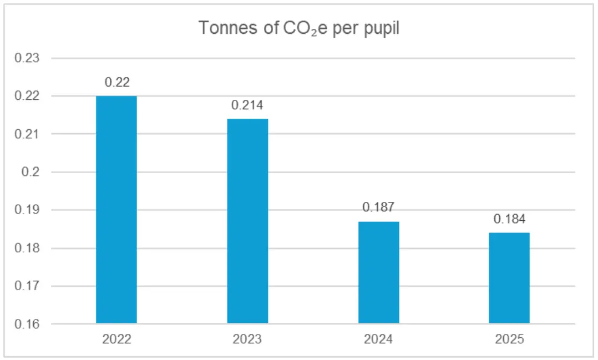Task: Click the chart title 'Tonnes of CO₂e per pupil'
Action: pos(299,28)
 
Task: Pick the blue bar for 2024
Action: pos(379,272)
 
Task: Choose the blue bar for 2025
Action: pos(509,278)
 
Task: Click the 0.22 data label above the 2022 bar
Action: pos(117,83)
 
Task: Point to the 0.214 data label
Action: pos(248,105)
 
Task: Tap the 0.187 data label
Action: pos(378,207)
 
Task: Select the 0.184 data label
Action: pos(509,219)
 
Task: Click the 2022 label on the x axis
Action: pos(116,339)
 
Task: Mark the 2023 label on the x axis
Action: pos(247,339)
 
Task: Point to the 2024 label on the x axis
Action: pos(378,339)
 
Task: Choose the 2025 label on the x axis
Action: pos(509,339)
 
